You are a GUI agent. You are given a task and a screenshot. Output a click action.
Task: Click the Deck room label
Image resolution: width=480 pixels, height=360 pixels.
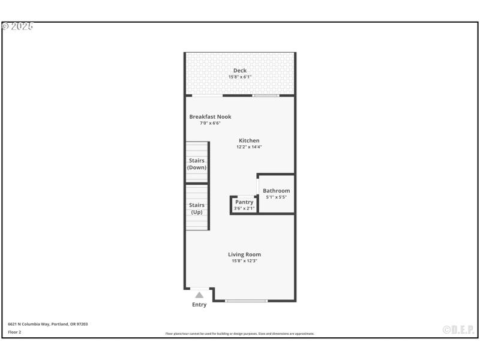click(240, 71)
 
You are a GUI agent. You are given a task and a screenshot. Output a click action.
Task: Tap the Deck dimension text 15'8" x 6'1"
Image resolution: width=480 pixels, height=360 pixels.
click(240, 77)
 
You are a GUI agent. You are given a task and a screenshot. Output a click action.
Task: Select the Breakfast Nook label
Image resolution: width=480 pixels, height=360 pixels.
click(210, 117)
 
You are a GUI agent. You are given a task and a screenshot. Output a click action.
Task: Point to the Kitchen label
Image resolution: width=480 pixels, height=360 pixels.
click(249, 141)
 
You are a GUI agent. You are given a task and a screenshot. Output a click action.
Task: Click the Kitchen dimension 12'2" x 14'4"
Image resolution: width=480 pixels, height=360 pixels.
click(249, 147)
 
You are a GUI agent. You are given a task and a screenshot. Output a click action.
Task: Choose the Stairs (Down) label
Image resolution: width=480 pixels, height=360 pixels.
click(197, 164)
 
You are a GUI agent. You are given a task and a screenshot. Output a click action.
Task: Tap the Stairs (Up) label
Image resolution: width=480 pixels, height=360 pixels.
click(197, 209)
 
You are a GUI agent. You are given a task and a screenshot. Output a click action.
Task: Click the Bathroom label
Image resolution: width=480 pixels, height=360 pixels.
click(276, 191)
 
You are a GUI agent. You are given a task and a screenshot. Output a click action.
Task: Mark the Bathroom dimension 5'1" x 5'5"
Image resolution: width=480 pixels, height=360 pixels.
click(276, 197)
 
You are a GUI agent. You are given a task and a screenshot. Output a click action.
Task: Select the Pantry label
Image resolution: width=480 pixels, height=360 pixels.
click(244, 202)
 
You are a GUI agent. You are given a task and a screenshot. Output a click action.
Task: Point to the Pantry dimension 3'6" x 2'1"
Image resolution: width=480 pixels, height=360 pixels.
click(244, 208)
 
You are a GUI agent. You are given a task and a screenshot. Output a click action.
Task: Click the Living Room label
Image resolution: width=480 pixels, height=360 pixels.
click(244, 254)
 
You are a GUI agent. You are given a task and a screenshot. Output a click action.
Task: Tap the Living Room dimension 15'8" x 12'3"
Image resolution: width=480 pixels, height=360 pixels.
click(244, 260)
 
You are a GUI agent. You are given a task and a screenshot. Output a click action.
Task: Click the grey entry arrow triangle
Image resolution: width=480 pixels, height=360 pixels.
click(199, 295)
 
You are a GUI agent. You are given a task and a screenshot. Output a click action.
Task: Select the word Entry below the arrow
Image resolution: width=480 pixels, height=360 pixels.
click(199, 305)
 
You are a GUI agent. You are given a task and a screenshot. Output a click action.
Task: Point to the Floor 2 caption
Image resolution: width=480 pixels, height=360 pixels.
click(14, 332)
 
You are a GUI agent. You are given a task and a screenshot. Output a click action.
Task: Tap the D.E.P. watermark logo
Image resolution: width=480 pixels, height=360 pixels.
click(458, 329)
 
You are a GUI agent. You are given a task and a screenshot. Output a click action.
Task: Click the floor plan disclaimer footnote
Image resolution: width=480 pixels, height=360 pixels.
click(240, 334)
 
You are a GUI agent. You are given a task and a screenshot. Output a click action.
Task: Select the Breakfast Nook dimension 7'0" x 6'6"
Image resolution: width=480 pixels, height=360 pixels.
click(210, 123)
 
